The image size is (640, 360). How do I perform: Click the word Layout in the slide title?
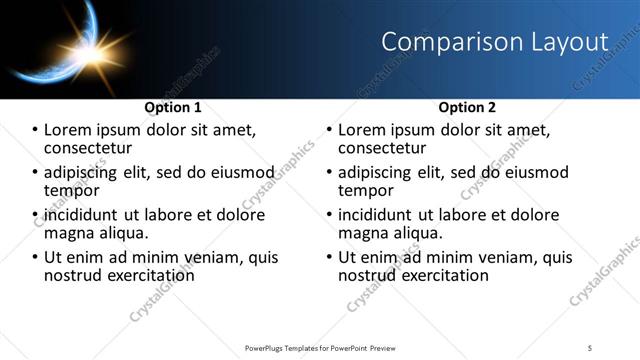569,42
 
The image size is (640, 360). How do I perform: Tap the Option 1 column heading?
173,106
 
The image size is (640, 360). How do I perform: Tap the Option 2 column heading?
466,106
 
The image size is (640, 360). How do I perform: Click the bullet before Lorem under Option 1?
35,129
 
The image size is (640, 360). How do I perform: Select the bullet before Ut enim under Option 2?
329,256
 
